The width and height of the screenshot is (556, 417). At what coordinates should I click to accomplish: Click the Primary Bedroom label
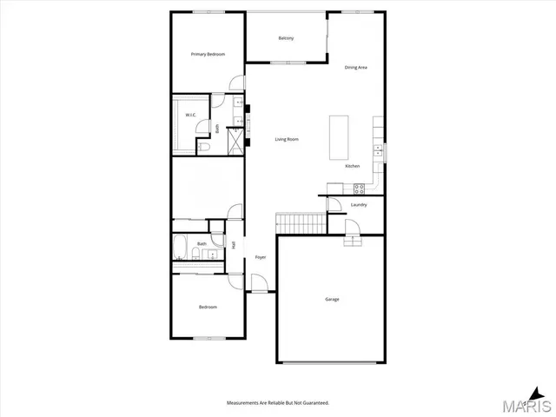(208, 55)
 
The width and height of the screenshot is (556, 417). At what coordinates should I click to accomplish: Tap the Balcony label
(286, 38)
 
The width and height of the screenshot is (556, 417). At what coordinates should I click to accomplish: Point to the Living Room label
(288, 139)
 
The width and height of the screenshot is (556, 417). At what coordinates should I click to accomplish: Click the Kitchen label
(353, 166)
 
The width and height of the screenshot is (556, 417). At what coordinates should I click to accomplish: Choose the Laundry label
(359, 205)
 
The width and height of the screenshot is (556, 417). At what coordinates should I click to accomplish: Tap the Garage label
(332, 299)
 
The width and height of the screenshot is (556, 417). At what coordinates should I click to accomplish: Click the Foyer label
(260, 257)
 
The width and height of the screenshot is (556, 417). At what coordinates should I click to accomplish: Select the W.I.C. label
(189, 114)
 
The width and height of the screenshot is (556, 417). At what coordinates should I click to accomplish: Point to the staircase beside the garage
(301, 223)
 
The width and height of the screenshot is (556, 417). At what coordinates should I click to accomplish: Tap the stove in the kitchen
(359, 189)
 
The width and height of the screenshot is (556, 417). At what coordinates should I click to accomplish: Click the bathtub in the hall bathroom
(181, 249)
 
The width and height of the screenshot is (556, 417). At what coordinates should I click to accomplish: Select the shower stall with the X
(236, 140)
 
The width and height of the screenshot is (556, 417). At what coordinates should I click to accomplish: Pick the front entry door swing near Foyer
(259, 283)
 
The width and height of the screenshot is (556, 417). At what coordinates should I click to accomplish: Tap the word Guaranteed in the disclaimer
(314, 403)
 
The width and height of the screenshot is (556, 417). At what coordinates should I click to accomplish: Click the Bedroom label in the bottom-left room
(208, 307)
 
